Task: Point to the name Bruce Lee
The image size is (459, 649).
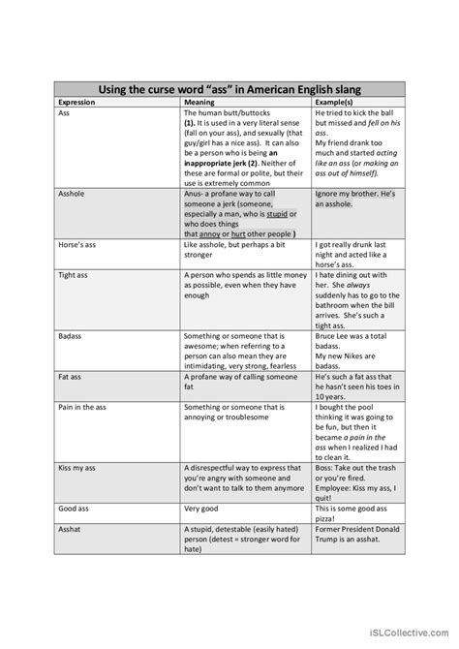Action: (x=337, y=335)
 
